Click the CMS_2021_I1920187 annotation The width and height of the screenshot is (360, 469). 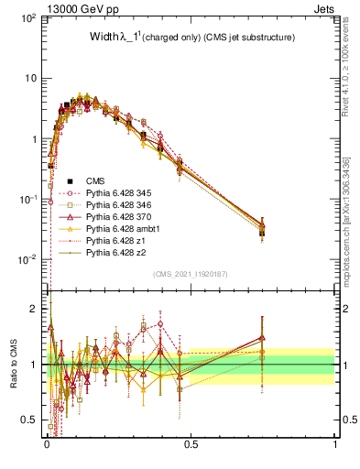click(191, 274)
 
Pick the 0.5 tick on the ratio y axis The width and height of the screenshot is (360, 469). click(32, 420)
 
